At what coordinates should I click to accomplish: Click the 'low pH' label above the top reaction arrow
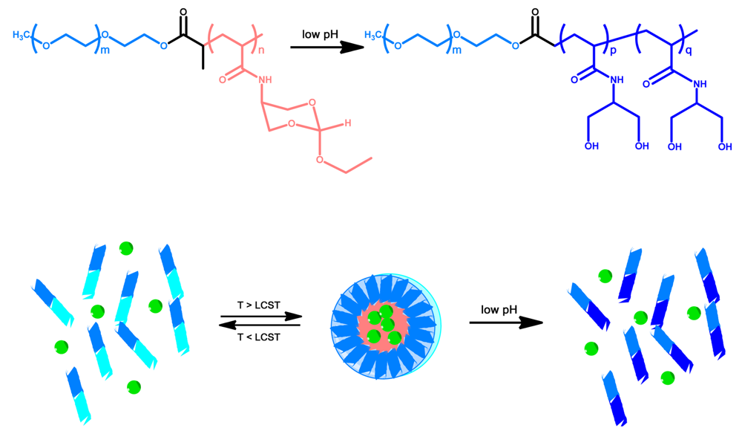point(321,35)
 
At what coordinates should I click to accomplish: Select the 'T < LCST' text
point(260,337)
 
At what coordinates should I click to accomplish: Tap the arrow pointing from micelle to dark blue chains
point(506,323)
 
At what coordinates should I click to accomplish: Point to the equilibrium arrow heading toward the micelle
point(260,317)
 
